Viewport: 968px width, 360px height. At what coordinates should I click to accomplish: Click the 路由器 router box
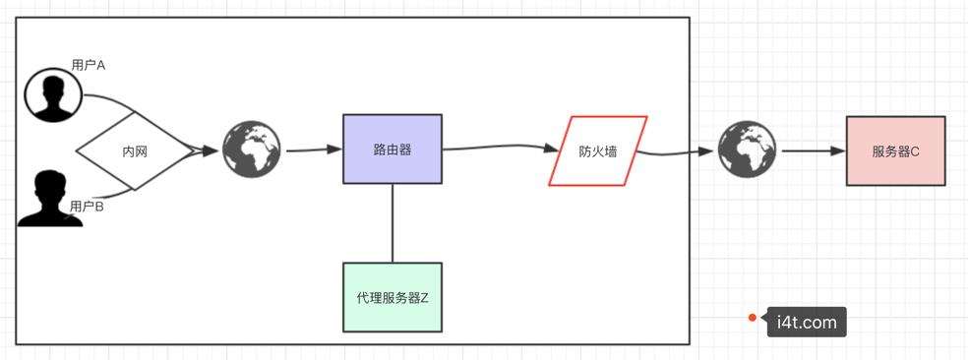(x=392, y=149)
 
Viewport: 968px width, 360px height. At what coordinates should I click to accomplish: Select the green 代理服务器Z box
(x=392, y=296)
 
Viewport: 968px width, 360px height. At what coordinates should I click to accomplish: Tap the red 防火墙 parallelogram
(x=597, y=150)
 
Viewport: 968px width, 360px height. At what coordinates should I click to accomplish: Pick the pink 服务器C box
(x=895, y=150)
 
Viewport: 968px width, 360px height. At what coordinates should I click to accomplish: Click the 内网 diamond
(x=135, y=151)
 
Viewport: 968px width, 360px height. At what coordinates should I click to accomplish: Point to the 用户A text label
(x=89, y=65)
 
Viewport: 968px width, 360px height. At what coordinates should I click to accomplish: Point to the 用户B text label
(x=87, y=207)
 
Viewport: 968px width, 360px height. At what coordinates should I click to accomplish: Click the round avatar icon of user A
(x=53, y=95)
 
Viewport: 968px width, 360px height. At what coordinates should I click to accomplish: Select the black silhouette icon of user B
(x=48, y=199)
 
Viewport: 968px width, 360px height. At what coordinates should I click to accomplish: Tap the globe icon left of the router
(x=252, y=150)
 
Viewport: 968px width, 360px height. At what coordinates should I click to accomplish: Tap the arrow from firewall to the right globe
(x=679, y=152)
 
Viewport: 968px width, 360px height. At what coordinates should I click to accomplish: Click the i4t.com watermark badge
(x=806, y=322)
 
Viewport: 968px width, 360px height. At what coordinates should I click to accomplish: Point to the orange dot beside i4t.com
(x=752, y=318)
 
